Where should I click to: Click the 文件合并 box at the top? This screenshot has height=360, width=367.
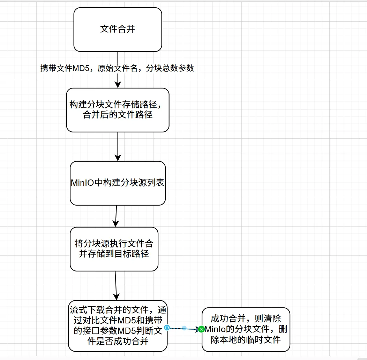tap(118, 30)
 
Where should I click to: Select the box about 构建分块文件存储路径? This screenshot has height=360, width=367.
tap(118, 110)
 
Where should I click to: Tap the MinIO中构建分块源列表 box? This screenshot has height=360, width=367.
tap(118, 183)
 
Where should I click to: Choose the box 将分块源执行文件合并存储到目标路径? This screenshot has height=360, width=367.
tap(114, 249)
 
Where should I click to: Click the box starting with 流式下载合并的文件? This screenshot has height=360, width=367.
tap(118, 325)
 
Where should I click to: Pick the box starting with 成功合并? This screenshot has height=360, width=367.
tap(246, 329)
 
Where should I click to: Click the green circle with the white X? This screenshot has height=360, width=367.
tap(201, 329)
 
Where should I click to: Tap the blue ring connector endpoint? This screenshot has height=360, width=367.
tap(167, 328)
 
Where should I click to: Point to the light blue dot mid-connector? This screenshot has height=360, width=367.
tap(184, 328)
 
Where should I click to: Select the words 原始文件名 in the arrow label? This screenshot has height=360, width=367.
tap(115, 68)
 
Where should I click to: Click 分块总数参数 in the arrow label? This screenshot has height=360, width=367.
tap(170, 68)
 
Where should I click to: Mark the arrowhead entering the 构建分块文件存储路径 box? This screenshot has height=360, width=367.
tap(118, 84)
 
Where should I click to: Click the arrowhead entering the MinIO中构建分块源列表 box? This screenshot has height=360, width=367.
tap(118, 158)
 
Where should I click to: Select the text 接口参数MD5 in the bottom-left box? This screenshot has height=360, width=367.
tap(117, 331)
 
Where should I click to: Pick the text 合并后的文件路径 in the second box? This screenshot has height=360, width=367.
tap(118, 115)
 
